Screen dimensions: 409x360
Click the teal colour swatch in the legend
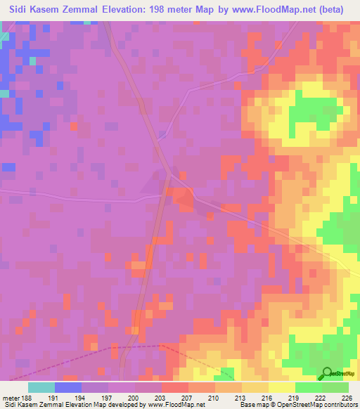[41, 387]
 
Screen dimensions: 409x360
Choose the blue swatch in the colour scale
[68, 387]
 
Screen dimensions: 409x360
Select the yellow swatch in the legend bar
[281, 387]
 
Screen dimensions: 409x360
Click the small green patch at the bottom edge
[228, 374]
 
